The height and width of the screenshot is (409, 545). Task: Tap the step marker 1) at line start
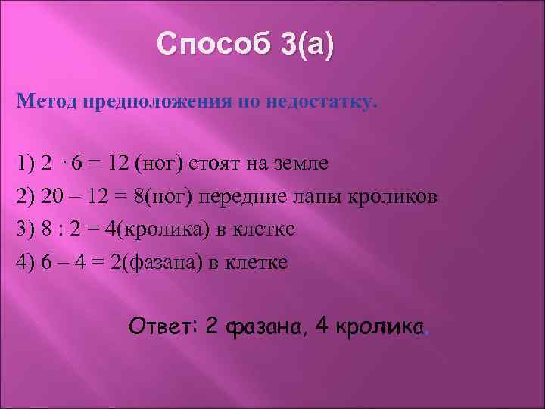click(x=26, y=163)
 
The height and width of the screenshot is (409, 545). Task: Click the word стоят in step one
click(x=213, y=163)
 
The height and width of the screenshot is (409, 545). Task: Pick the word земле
click(x=303, y=163)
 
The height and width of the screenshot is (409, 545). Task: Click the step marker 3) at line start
click(x=26, y=229)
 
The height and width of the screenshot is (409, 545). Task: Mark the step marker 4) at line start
click(x=26, y=262)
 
